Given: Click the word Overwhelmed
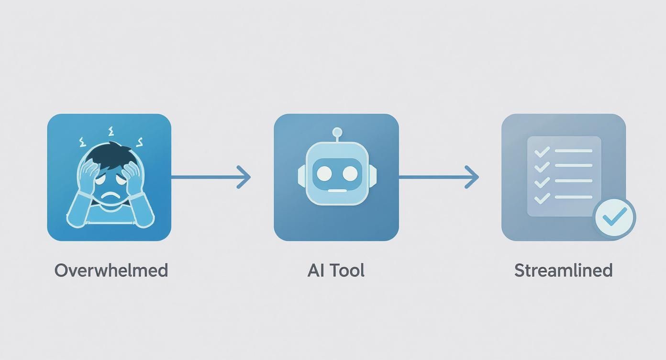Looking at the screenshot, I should [x=111, y=270].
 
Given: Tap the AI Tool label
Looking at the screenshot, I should [x=336, y=270].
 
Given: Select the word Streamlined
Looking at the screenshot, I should [x=563, y=270].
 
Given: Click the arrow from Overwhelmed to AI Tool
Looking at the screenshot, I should [x=211, y=177].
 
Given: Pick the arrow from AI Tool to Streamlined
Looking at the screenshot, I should [x=438, y=177].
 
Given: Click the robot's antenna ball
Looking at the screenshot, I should [x=337, y=132].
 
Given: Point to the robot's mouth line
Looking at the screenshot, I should [x=337, y=190].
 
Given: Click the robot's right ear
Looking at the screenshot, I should [x=373, y=176].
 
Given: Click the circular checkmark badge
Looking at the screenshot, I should [x=614, y=218].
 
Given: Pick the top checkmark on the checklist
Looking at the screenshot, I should [x=542, y=152].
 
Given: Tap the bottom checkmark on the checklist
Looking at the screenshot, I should [x=542, y=197].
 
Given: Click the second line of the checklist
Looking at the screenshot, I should [x=574, y=166].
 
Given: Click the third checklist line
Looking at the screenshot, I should [x=574, y=181].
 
